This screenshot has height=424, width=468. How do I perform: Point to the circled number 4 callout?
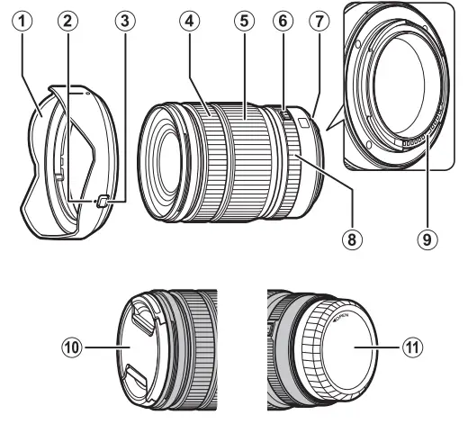189,20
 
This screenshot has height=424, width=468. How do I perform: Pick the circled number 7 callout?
319,20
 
